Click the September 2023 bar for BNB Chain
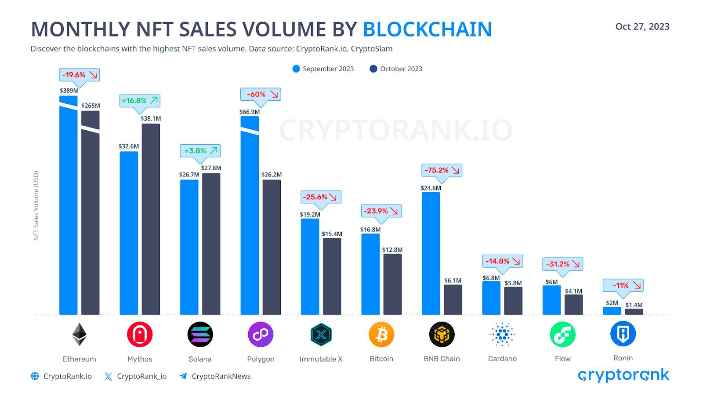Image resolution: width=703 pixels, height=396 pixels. (431, 253)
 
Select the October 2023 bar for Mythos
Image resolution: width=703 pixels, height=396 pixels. (151, 219)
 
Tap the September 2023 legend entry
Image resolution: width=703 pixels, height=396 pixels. (323, 69)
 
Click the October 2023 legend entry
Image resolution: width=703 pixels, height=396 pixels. (396, 69)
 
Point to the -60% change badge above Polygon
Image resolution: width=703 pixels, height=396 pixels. (260, 94)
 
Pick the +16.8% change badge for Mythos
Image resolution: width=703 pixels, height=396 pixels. (140, 100)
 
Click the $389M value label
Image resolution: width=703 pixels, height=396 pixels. (69, 91)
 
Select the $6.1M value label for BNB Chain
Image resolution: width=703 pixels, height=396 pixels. (453, 280)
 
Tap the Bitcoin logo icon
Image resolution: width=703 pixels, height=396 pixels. (381, 334)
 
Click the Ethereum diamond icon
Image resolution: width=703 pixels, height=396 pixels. (80, 334)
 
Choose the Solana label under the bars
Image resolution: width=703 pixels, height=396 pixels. (200, 359)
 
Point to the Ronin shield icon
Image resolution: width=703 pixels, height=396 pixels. (623, 334)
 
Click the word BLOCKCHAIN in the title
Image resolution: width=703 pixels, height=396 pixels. (427, 29)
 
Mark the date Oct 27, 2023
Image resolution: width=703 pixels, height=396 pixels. (642, 26)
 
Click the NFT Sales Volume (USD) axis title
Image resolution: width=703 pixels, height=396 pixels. (36, 205)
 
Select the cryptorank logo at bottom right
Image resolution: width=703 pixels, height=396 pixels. (623, 375)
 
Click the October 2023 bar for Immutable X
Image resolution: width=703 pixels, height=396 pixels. (332, 276)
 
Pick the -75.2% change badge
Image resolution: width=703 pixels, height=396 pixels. (442, 170)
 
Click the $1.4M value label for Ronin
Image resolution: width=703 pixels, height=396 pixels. (634, 305)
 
